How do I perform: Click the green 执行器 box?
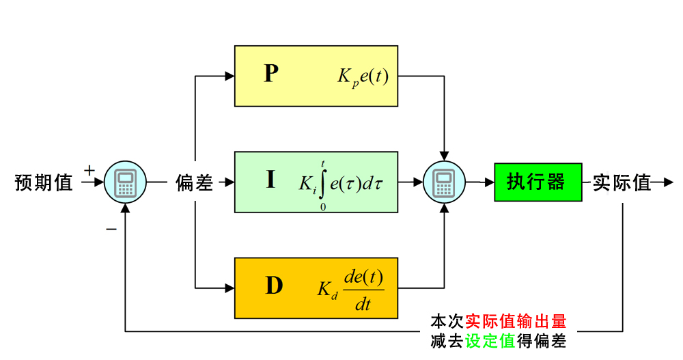click(x=538, y=182)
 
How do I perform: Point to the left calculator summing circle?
click(x=125, y=182)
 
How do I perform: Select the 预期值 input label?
click(x=44, y=183)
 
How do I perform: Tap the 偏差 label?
click(x=195, y=183)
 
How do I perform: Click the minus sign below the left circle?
click(x=111, y=229)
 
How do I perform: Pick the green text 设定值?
click(x=490, y=341)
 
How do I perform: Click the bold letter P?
click(x=271, y=74)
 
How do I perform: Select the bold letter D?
click(x=273, y=286)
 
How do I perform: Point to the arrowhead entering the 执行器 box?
click(x=490, y=182)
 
